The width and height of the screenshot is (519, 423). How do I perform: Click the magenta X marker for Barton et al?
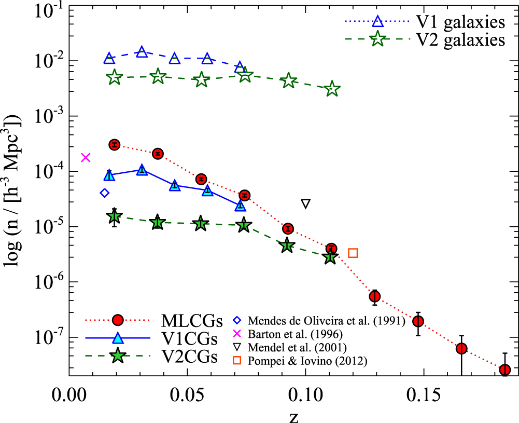pos(86,157)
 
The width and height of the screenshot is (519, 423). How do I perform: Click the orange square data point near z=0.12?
pos(353,253)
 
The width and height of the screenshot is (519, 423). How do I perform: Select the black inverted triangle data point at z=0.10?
pos(305,203)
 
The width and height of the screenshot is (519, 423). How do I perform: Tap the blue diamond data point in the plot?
pos(104,193)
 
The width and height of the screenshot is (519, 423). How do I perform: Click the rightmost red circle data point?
pos(505,370)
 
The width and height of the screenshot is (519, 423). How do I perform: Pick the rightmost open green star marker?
pos(333,90)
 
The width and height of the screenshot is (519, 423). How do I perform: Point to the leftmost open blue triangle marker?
pos(109,58)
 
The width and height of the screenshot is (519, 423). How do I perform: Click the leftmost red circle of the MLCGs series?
pos(115,145)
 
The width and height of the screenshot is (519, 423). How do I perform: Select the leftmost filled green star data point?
pos(115,216)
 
